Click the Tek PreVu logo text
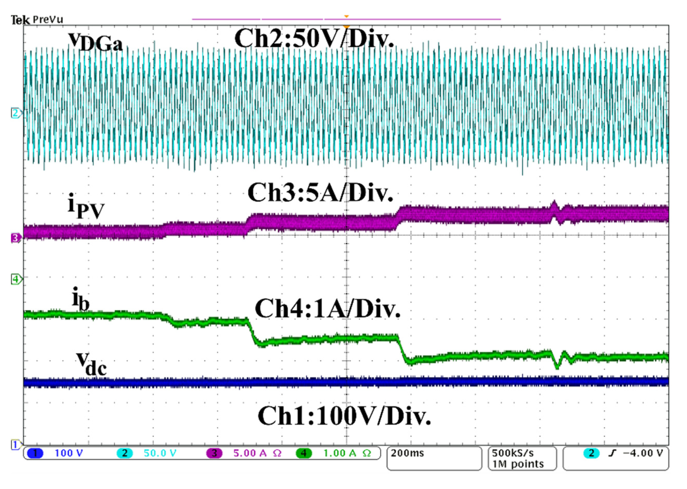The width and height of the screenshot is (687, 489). click(x=37, y=20)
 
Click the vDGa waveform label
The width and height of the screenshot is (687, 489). click(x=95, y=42)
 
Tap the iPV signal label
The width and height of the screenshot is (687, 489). click(x=86, y=208)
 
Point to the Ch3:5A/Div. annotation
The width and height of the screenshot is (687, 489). click(x=320, y=193)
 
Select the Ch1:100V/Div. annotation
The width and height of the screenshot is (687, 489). click(x=344, y=416)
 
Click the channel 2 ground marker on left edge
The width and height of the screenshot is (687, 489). click(x=16, y=113)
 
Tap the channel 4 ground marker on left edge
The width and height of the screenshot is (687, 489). click(x=16, y=279)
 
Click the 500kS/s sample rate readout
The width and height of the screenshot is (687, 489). click(x=513, y=453)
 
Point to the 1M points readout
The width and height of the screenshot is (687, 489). click(x=518, y=464)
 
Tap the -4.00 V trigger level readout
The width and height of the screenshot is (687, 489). click(x=643, y=453)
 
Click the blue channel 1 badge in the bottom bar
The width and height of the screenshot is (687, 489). click(x=35, y=454)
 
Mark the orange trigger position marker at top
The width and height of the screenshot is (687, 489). click(x=346, y=16)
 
